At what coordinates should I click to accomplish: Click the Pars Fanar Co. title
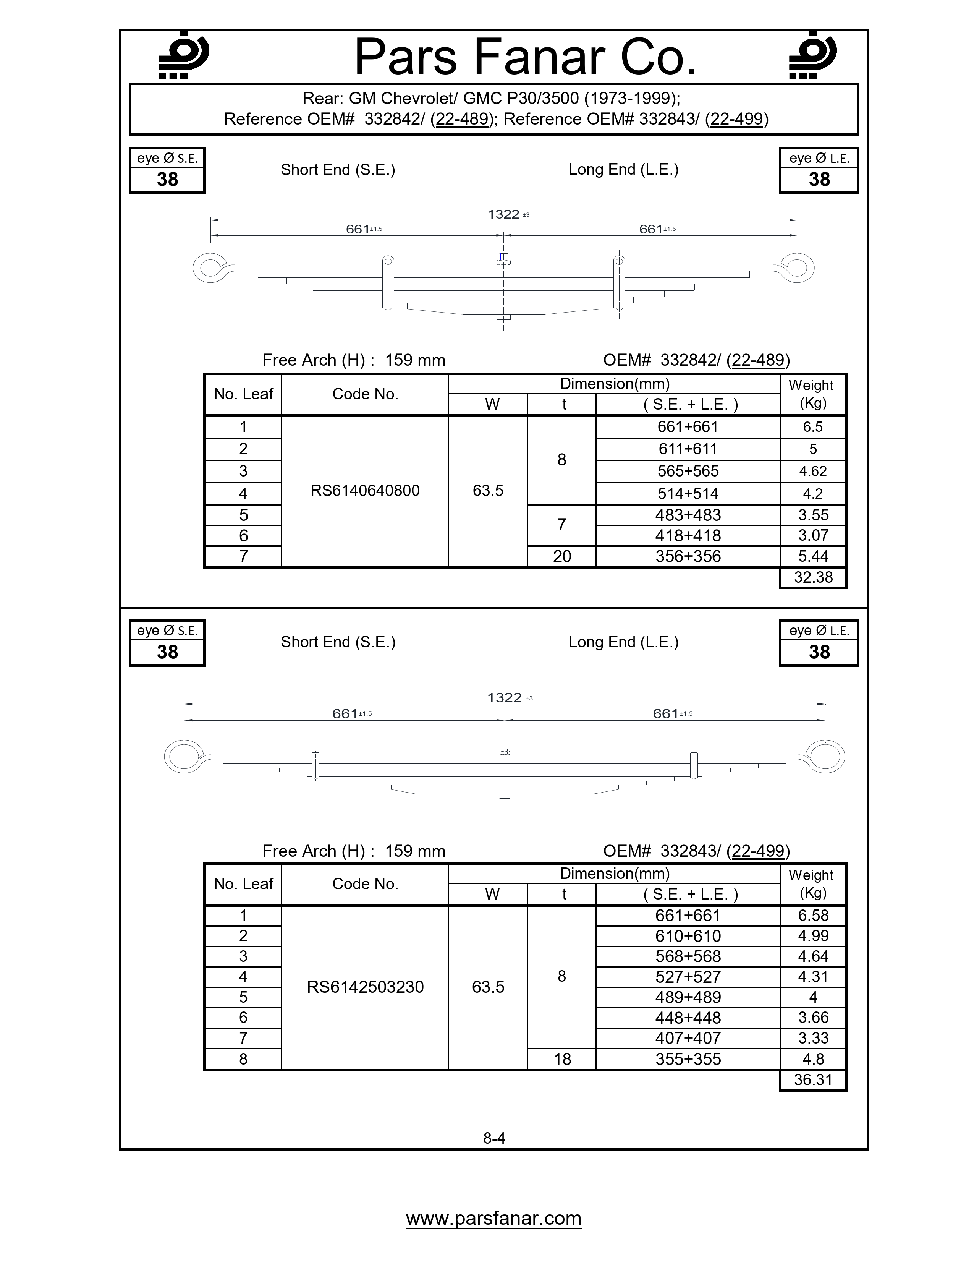tap(525, 58)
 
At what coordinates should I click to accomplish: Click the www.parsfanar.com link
tap(493, 1218)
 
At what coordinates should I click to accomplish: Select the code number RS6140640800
tap(365, 491)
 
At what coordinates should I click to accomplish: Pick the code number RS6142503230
tap(365, 987)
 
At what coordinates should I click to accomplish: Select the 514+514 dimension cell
tap(688, 494)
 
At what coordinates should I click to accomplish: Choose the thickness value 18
tap(561, 1059)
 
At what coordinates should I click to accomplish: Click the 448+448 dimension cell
tap(688, 1017)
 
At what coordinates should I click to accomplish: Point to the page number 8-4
tap(494, 1138)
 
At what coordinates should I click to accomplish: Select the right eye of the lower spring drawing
tap(825, 756)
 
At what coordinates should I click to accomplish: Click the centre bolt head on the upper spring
tap(503, 258)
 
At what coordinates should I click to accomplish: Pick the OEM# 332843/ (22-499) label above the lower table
tap(696, 851)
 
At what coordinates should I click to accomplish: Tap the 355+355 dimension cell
tap(688, 1059)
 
